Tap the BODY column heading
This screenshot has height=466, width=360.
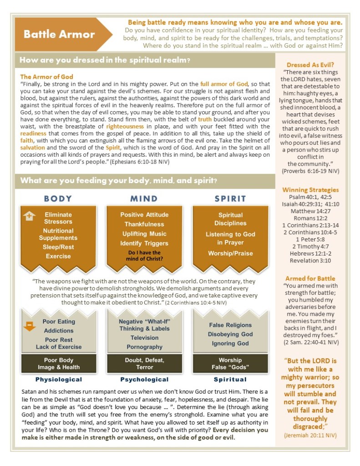(58, 199)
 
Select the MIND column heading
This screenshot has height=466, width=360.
(144, 199)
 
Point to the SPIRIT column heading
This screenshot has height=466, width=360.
(230, 199)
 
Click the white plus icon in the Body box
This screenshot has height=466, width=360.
(29, 216)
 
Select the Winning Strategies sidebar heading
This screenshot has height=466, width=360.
(310, 189)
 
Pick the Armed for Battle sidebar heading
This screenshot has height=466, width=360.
(310, 278)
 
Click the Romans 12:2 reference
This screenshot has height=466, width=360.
(310, 219)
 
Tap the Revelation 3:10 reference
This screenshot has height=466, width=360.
(310, 261)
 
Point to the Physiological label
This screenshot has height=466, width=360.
(59, 379)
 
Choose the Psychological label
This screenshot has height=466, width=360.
(144, 379)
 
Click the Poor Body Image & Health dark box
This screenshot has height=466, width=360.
(58, 364)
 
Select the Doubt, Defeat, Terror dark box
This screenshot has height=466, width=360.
(144, 364)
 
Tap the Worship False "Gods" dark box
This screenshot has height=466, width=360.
(230, 364)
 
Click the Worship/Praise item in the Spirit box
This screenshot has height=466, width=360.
(230, 253)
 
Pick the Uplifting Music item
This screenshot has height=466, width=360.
(144, 234)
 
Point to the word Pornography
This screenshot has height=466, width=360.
(144, 347)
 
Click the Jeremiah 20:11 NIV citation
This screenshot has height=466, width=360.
(310, 435)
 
